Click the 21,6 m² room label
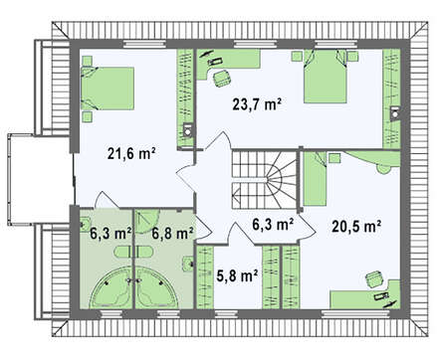tap(131, 154)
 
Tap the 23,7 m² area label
tap(257, 104)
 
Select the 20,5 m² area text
tap(356, 227)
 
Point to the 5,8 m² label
tap(237, 275)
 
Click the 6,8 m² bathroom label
tap(173, 234)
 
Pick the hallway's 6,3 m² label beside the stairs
tap(273, 225)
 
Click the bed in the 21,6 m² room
tap(108, 89)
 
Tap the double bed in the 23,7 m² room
tap(326, 77)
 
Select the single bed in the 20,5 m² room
tap(316, 179)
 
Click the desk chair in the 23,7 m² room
tap(221, 79)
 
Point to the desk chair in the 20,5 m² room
tap(375, 279)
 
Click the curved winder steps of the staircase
tap(282, 181)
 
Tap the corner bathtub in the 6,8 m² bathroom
tap(157, 288)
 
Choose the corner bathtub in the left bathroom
tap(111, 288)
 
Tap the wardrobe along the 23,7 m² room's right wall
tap(391, 99)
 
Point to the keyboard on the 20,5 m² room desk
tap(380, 296)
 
